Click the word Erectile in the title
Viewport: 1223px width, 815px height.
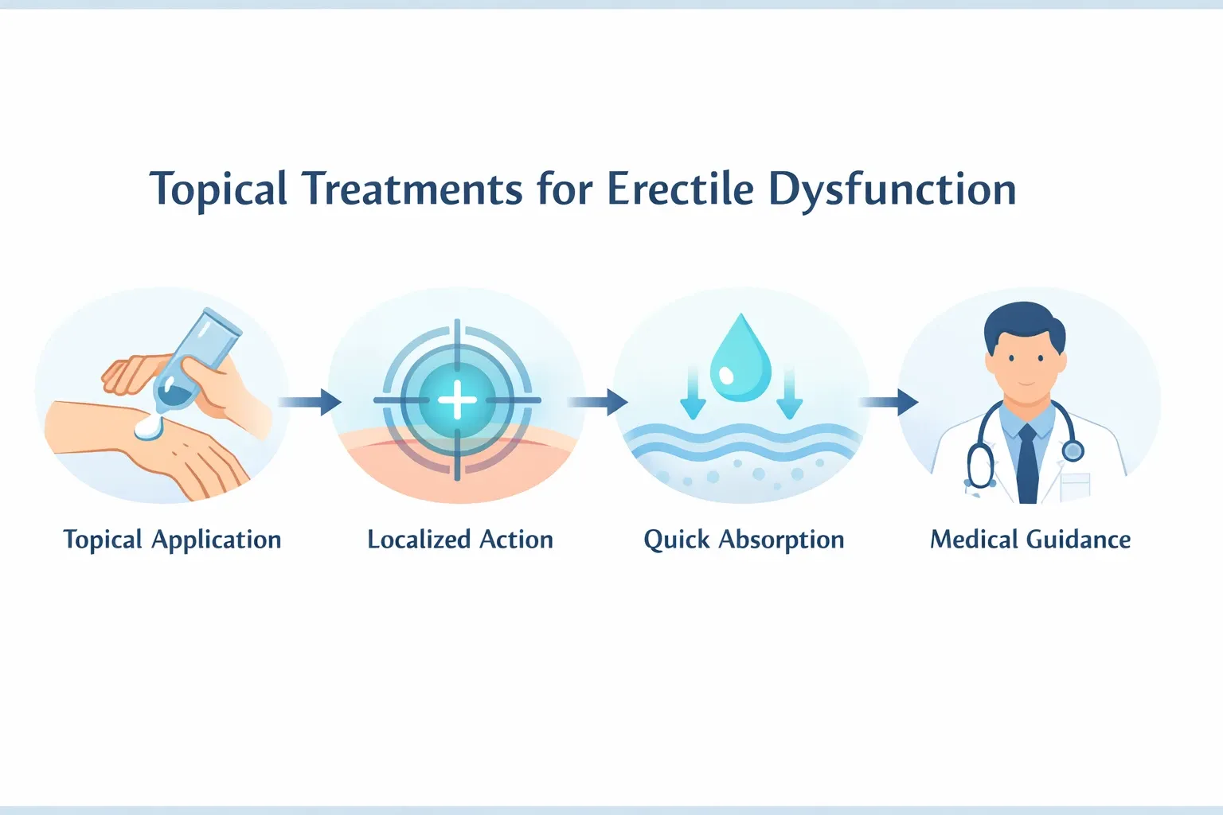click(679, 189)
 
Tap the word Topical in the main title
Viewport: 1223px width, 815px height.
click(218, 189)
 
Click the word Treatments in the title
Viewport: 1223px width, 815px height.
click(412, 189)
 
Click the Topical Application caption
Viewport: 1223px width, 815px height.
click(172, 540)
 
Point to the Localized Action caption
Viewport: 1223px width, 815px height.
click(459, 540)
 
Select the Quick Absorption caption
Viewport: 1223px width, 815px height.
click(744, 540)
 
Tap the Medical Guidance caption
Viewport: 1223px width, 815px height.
click(1030, 540)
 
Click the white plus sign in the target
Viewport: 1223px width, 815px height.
click(457, 400)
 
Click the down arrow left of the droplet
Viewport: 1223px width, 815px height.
click(693, 394)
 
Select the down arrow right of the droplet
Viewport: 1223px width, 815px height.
click(789, 394)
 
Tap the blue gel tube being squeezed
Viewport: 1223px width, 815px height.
click(195, 358)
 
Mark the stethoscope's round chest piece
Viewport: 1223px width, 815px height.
click(1073, 451)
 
